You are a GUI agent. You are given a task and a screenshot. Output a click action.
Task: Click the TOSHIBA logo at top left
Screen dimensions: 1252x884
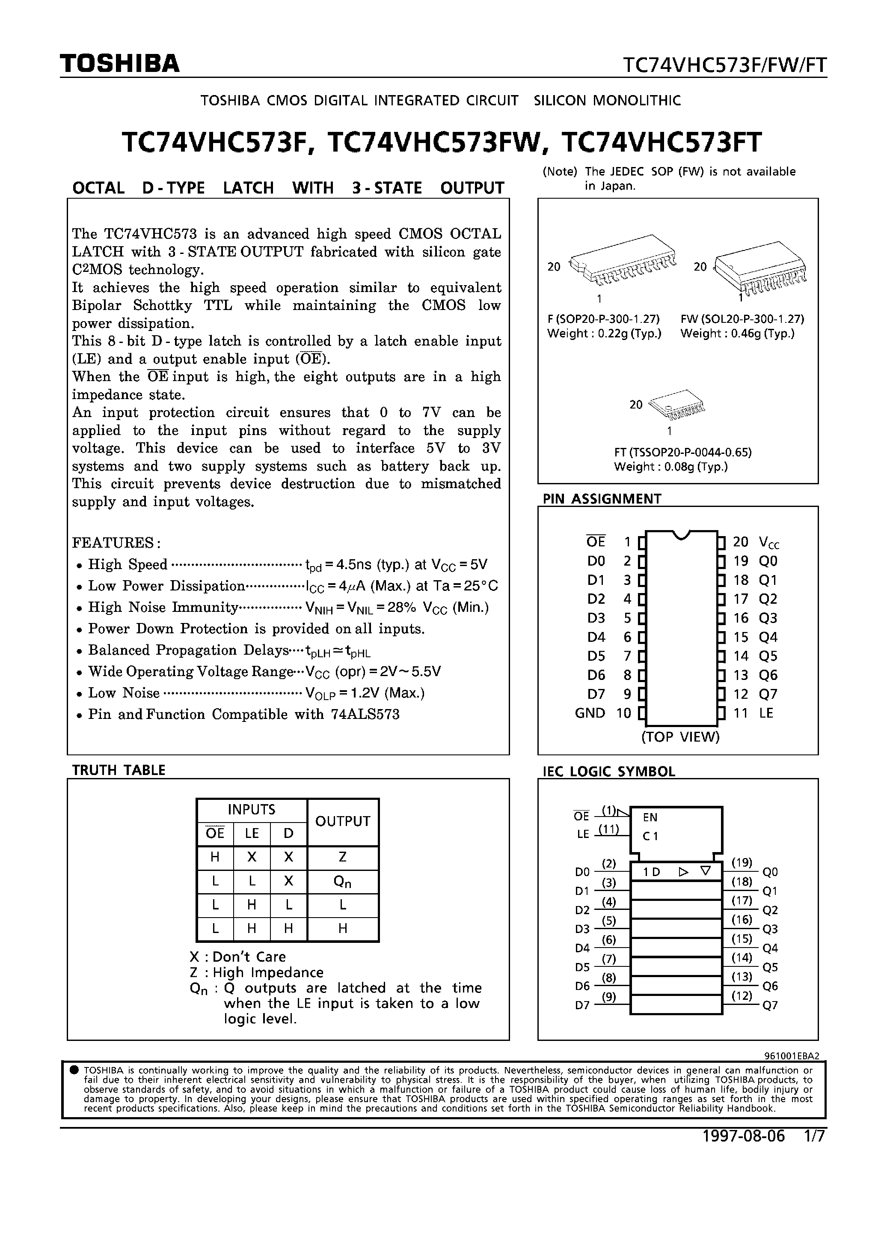click(x=119, y=64)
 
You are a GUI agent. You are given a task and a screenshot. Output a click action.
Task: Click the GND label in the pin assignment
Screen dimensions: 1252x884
click(x=590, y=713)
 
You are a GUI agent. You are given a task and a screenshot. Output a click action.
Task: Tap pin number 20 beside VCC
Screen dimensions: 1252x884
click(x=740, y=542)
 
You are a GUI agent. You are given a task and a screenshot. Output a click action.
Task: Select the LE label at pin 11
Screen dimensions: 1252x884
click(x=766, y=713)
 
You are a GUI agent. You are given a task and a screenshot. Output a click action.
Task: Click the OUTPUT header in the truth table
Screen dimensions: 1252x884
click(x=342, y=822)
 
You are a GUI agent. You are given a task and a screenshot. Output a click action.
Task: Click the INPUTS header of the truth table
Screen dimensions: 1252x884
click(x=251, y=810)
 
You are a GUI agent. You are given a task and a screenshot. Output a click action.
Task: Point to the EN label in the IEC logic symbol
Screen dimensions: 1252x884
click(x=650, y=817)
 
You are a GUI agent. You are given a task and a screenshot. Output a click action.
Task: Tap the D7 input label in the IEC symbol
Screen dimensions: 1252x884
click(x=582, y=1005)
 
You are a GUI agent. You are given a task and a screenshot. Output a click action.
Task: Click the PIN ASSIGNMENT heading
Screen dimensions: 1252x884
click(x=602, y=498)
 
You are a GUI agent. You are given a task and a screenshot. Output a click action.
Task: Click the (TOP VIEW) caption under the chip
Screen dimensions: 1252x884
click(x=680, y=737)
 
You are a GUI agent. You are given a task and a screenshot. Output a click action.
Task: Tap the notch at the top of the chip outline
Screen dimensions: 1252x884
click(x=680, y=535)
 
